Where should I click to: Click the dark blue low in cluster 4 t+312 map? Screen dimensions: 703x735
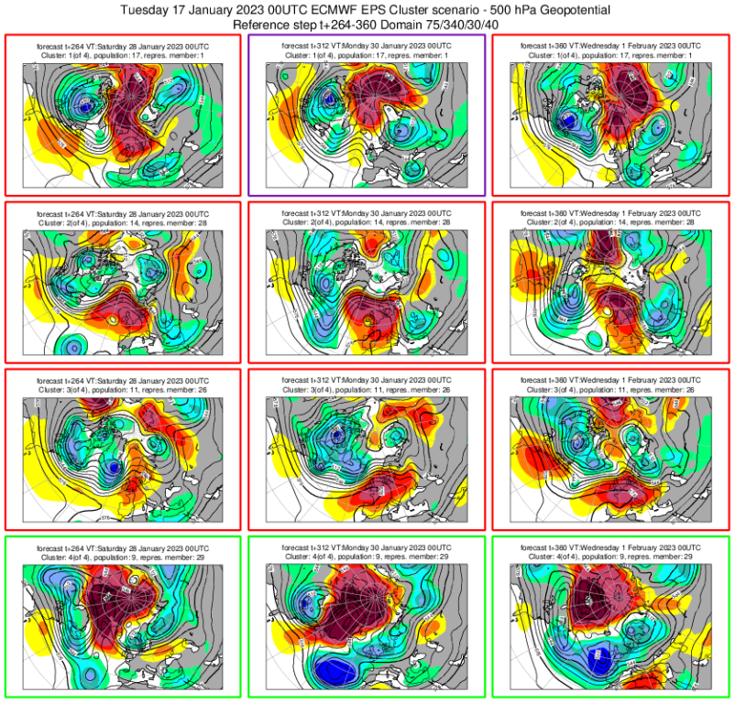pos(337,670)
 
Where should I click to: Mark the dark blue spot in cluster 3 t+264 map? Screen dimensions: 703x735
pos(113,468)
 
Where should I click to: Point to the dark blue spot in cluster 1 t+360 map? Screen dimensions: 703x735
pos(569,120)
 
